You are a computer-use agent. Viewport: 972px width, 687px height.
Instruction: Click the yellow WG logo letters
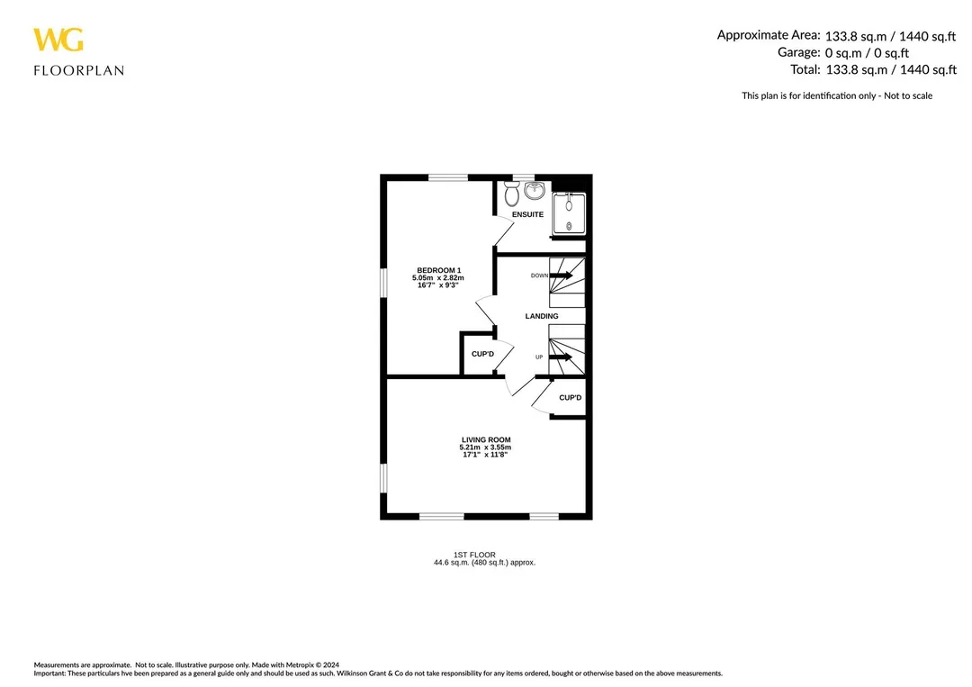point(58,40)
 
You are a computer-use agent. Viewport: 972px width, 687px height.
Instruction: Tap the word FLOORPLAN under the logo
point(78,70)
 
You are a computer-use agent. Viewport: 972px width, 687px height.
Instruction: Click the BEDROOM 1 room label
point(439,270)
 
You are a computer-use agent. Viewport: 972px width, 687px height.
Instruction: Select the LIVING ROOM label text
point(486,439)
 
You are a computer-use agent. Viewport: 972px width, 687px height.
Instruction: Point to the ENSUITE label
point(527,214)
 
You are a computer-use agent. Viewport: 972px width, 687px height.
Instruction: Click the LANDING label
point(542,316)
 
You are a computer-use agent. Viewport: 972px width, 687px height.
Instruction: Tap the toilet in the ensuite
point(511,194)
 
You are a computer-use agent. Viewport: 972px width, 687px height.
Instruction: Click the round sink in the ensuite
point(535,190)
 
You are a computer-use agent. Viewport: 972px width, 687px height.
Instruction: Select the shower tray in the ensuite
point(569,214)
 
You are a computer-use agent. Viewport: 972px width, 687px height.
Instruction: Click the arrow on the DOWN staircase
point(561,276)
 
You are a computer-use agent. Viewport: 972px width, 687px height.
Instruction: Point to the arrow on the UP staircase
point(561,357)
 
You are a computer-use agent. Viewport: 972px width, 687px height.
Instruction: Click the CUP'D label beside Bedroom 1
point(483,354)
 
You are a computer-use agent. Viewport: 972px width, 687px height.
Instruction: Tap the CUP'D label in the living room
point(571,397)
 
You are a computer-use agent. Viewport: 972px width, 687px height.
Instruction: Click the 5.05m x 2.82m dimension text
point(438,278)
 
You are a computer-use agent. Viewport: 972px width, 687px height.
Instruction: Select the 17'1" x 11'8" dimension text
point(485,455)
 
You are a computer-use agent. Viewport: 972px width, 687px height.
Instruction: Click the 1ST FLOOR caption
point(475,555)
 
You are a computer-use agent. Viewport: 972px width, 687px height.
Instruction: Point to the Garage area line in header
point(843,53)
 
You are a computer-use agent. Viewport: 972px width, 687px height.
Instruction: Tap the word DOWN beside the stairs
point(539,276)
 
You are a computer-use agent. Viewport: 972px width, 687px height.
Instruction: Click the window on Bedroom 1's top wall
point(448,177)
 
